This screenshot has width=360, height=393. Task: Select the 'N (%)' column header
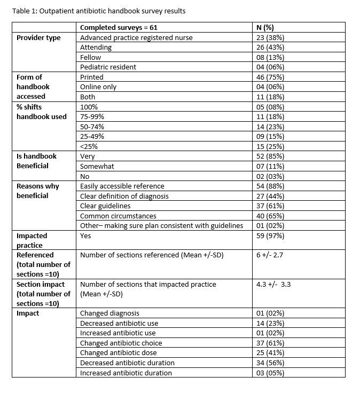[266, 27]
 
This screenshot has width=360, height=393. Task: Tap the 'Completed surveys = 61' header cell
[119, 27]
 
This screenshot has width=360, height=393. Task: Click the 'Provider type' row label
[38, 37]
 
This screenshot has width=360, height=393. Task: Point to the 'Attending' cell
[96, 47]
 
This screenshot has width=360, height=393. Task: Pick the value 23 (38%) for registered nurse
[270, 37]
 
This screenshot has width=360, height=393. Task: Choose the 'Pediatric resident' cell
[108, 67]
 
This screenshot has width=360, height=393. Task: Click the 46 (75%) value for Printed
[270, 77]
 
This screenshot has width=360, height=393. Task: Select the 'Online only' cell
[98, 87]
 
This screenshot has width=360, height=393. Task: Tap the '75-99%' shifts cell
[92, 116]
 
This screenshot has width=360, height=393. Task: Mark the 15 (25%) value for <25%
[270, 146]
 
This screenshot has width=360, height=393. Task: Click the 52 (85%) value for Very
[270, 156]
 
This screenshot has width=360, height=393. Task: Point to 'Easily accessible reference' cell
[122, 186]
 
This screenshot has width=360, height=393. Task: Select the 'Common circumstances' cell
[118, 216]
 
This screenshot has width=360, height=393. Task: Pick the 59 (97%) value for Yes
[270, 235]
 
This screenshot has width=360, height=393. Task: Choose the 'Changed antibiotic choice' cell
[121, 343]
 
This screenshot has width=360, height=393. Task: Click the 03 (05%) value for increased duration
[270, 373]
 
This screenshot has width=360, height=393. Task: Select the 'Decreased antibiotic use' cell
[119, 323]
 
